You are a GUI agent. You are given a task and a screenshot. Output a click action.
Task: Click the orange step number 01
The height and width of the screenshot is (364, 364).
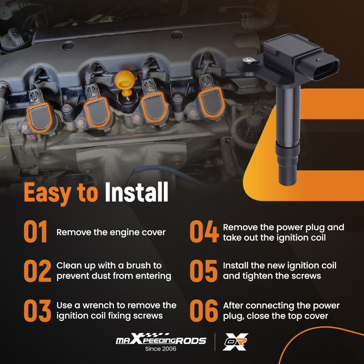point(35,232)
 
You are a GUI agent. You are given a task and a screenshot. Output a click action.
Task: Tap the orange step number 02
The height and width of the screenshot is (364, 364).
point(37,271)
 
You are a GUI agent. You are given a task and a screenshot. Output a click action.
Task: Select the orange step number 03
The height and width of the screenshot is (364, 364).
point(37,310)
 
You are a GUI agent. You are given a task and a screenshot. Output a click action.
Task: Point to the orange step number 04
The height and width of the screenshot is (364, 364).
point(204,232)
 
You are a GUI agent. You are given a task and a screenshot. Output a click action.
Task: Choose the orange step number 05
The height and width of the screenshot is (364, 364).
point(203,271)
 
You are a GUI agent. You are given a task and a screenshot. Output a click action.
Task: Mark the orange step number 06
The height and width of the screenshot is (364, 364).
point(204,310)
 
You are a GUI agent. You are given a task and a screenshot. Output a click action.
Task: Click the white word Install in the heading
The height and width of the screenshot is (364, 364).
point(136,192)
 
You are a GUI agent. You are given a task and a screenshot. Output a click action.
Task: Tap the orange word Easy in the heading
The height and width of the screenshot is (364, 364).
point(47,193)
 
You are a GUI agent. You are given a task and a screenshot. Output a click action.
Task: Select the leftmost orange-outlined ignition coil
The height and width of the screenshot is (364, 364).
point(39,117)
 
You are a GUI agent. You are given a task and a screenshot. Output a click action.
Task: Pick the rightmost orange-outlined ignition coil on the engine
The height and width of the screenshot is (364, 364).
point(211,102)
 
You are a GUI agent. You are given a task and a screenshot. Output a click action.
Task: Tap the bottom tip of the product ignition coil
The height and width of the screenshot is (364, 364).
point(288,184)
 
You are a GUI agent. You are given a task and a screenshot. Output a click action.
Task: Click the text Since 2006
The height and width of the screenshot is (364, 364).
point(161,349)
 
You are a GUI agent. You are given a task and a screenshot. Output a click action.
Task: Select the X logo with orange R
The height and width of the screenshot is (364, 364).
point(236,342)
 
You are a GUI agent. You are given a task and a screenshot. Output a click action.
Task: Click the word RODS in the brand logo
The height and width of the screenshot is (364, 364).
point(191,341)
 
